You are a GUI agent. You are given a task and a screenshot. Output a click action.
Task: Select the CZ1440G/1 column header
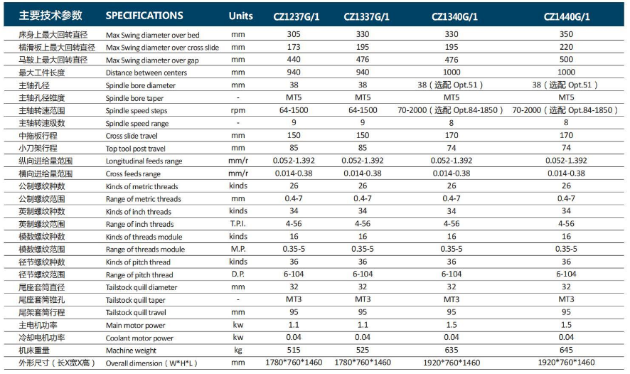tap(566, 16)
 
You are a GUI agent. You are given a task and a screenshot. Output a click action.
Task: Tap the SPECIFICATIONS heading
tap(144, 16)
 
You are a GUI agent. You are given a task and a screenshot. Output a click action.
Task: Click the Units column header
tap(240, 16)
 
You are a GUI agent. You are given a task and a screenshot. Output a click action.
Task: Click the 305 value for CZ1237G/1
tap(293, 34)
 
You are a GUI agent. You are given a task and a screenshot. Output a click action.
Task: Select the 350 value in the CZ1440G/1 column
tap(566, 34)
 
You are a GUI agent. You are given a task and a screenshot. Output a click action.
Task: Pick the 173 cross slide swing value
tap(293, 47)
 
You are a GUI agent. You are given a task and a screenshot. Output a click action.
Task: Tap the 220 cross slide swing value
tap(566, 47)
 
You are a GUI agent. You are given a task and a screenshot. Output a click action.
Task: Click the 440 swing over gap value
tap(293, 60)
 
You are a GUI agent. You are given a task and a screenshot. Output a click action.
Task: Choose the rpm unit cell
tap(238, 110)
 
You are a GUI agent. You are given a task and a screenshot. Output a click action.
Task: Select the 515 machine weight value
tap(293, 350)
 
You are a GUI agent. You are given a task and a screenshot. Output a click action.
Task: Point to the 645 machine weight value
tap(566, 350)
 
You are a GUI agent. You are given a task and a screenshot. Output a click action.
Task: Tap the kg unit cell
tap(238, 351)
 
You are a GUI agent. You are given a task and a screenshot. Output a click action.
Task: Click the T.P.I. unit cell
tap(238, 224)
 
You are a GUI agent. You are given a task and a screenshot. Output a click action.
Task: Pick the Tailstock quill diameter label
tap(142, 287)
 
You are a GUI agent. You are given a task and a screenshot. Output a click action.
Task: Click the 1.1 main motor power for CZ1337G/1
tap(363, 324)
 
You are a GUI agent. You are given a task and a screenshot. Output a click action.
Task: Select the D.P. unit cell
tap(238, 274)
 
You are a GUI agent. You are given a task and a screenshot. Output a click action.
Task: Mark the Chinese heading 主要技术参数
tap(50, 16)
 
